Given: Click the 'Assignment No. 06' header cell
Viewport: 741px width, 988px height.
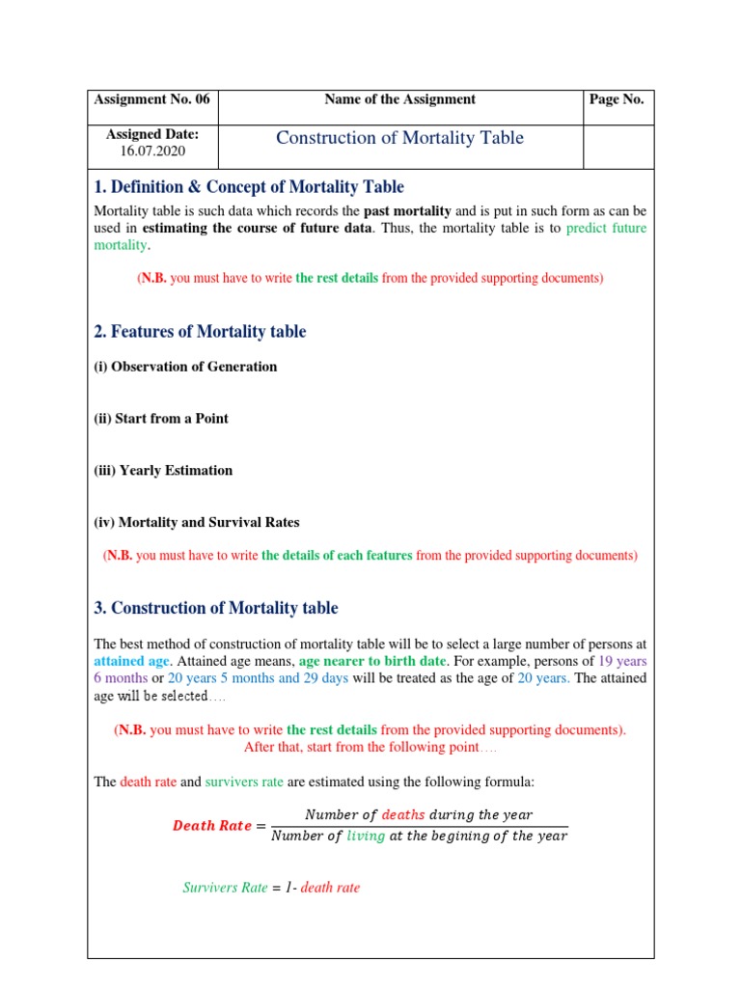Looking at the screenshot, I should point(151,99).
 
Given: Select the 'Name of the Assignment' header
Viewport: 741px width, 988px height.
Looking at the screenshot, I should point(399,99).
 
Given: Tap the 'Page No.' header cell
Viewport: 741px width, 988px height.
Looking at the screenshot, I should point(617,99).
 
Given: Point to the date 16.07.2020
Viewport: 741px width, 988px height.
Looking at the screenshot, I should point(151,152).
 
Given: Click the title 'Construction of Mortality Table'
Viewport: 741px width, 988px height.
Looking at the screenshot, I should point(399,138).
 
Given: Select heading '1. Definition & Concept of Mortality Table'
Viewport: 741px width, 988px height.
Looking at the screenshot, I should point(249,187).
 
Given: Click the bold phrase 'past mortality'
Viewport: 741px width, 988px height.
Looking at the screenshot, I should point(406,210).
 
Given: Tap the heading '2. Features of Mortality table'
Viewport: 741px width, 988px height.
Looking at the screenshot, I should point(200,332).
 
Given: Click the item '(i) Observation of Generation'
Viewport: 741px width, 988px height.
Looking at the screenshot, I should point(185,367).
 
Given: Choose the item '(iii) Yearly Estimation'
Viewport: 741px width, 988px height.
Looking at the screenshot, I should point(163,471).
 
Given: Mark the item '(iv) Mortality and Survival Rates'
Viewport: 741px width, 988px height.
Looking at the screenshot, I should point(197,523).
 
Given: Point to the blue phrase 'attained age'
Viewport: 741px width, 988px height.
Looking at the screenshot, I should point(131,662).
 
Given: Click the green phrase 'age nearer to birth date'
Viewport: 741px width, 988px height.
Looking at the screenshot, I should point(373,662).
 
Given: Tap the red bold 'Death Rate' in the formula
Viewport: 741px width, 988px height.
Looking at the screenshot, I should point(211,826).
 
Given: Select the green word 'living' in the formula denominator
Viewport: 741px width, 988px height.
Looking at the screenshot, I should point(364,837).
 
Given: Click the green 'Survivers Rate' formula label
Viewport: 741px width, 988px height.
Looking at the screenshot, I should point(225,888).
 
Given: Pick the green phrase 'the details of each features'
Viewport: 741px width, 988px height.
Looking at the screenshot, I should point(337,556).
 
